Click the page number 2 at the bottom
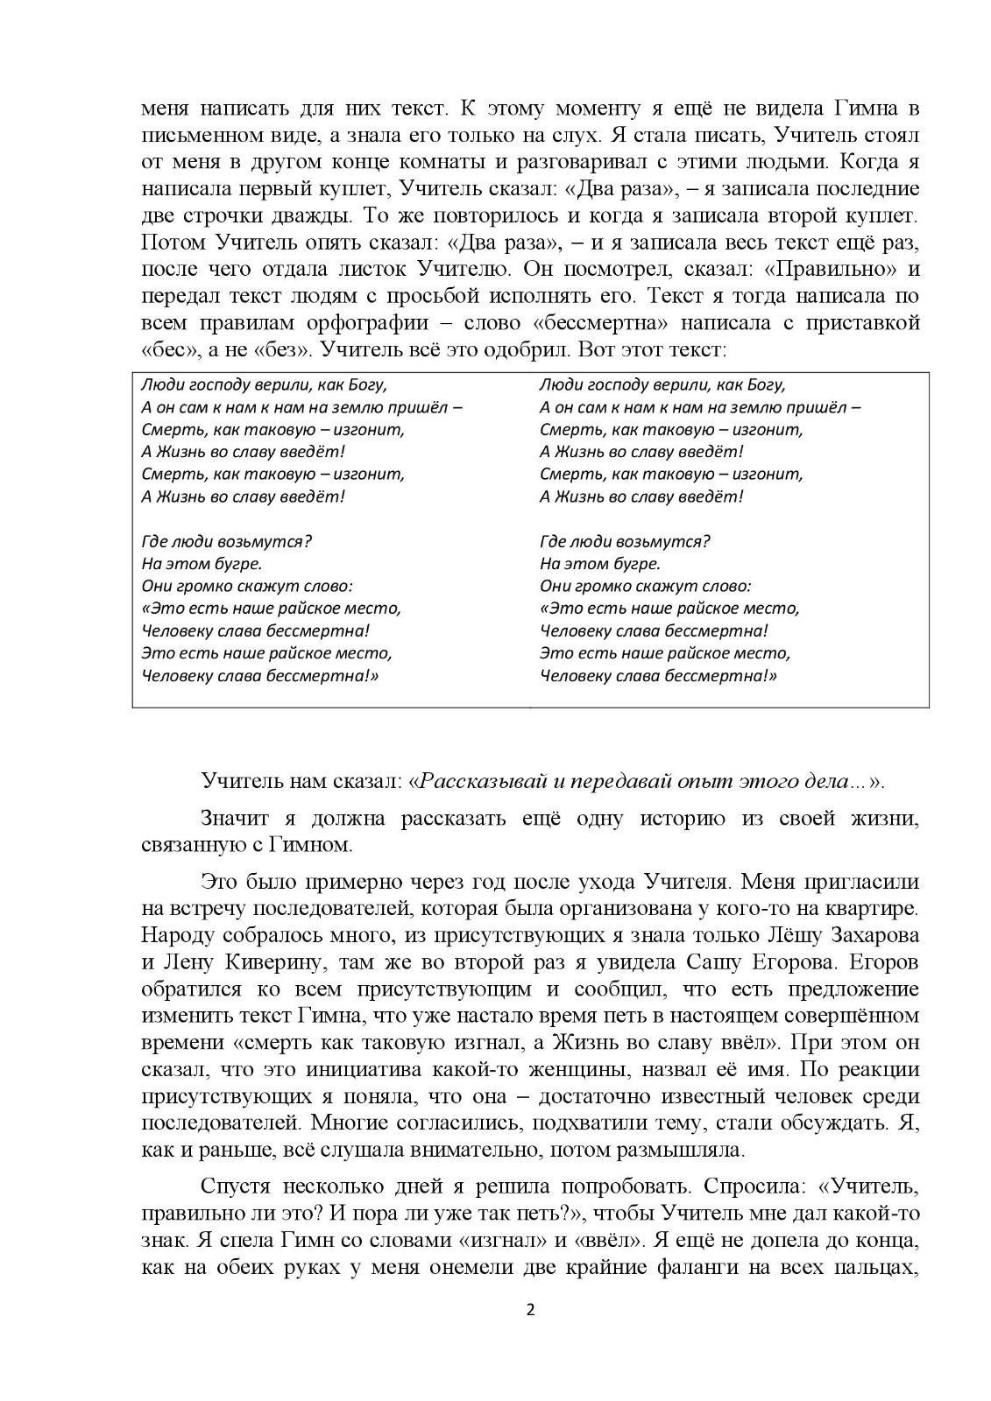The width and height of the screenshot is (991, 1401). click(529, 1334)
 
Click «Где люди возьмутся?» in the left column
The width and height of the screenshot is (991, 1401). click(227, 541)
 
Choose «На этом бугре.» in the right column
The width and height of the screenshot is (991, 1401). click(600, 564)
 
